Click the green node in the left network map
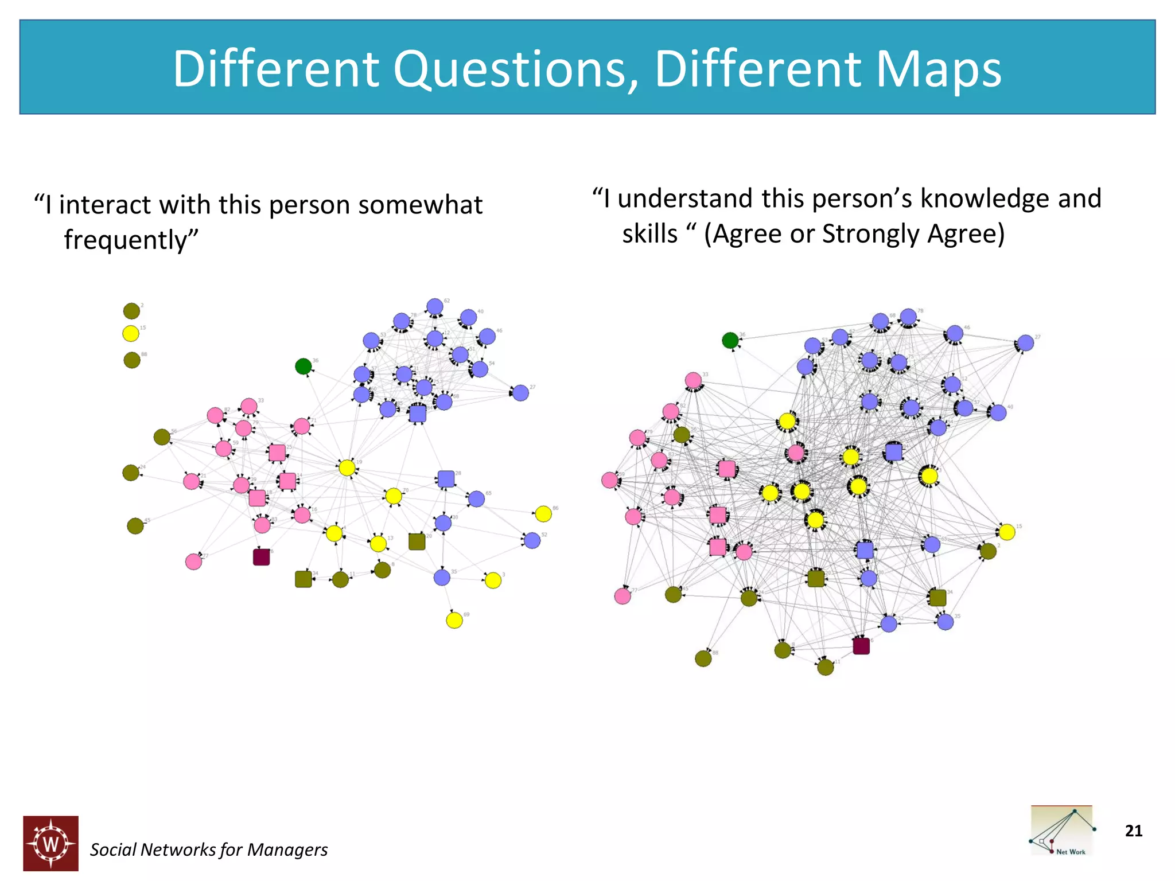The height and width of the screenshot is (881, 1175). tap(303, 366)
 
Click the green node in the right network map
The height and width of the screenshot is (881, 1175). tap(730, 340)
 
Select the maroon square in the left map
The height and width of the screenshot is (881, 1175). tap(261, 557)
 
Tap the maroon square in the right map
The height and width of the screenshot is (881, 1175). tap(861, 646)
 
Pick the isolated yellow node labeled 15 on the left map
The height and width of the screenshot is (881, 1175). tap(131, 333)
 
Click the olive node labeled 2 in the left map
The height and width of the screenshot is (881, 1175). tap(131, 311)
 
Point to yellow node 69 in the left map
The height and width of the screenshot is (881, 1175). tap(454, 620)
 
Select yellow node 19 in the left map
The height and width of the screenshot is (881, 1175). tap(347, 467)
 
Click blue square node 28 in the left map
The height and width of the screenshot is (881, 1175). tap(446, 478)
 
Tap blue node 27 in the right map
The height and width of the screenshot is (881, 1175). tap(1025, 343)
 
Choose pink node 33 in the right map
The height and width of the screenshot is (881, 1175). tap(693, 380)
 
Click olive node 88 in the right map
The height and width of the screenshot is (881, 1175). tap(703, 658)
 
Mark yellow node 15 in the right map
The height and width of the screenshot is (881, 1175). tap(1006, 532)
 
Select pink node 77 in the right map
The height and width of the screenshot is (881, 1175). tap(622, 596)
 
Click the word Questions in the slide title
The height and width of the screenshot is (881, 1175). tap(515, 69)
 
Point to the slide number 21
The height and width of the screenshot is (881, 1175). tap(1133, 831)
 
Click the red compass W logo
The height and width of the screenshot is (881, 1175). tap(51, 843)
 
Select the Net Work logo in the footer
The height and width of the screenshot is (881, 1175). tap(1061, 831)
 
